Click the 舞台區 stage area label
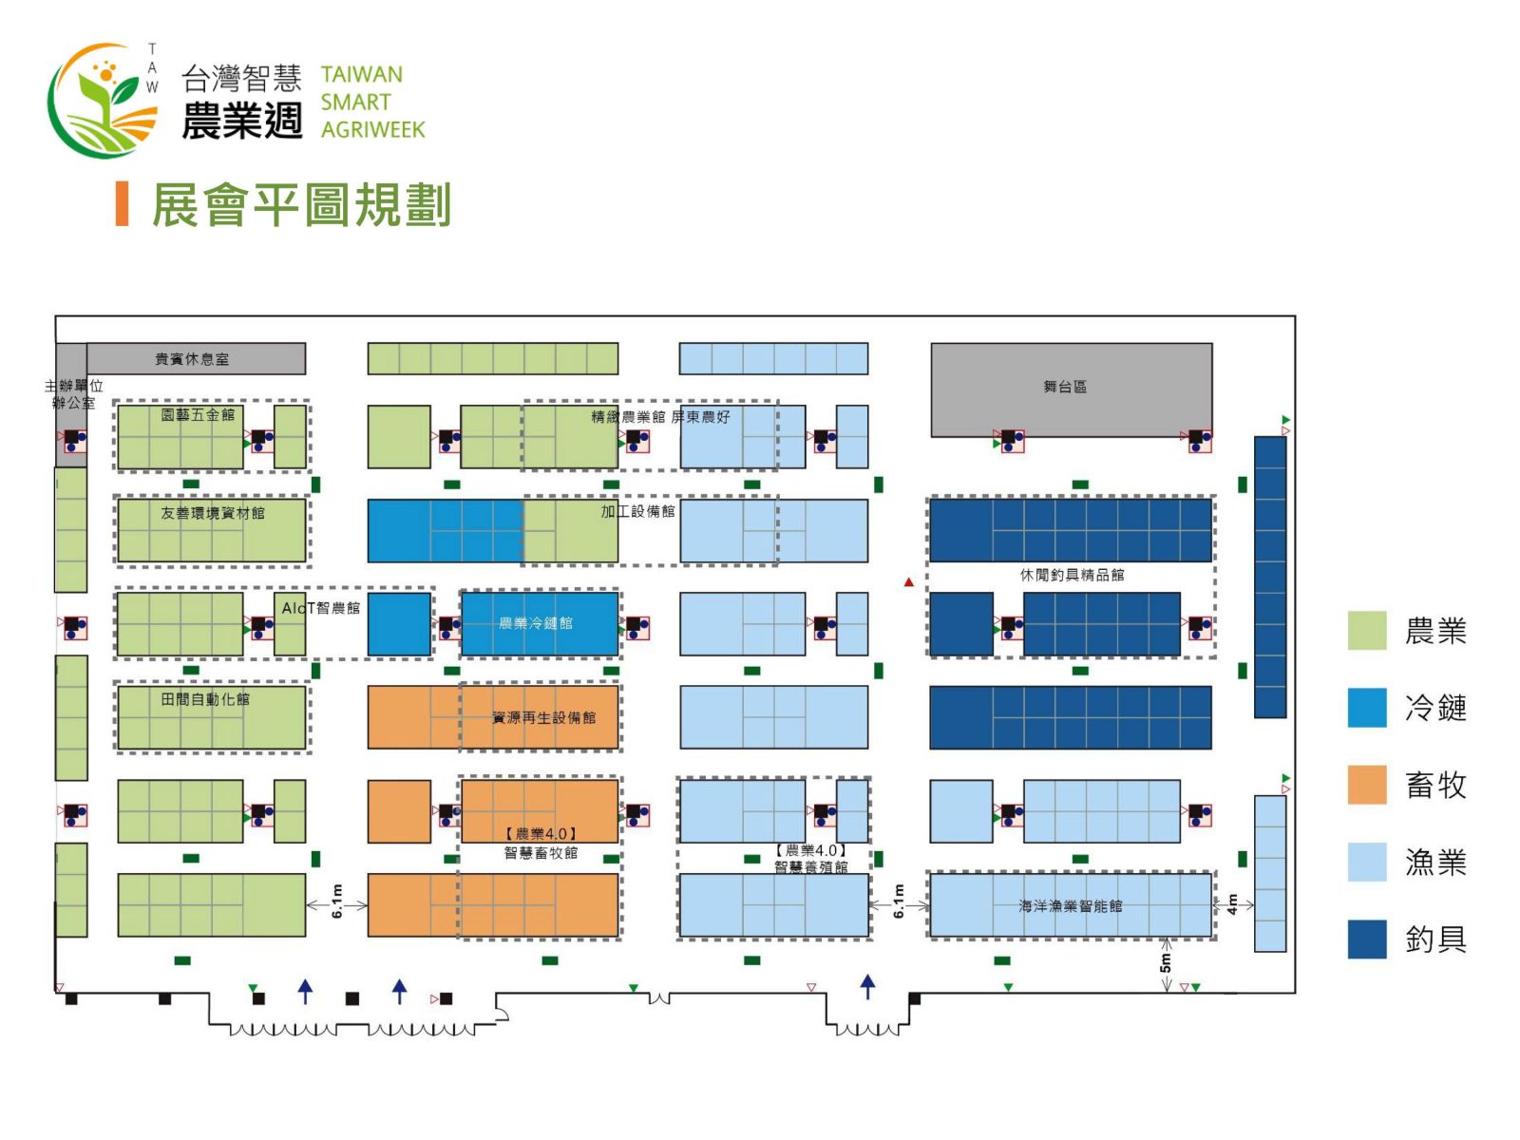tap(1064, 387)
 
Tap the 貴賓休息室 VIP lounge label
tap(192, 359)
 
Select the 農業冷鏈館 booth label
tap(536, 623)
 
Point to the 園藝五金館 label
tap(198, 415)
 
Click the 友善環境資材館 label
tap(213, 513)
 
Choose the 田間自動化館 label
tap(205, 699)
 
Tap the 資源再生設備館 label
tap(543, 717)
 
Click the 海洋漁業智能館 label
tap(1071, 906)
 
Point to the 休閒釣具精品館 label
tap(1072, 575)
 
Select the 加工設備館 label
tap(637, 511)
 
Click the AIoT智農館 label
tap(321, 608)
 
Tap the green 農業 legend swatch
tap(1367, 631)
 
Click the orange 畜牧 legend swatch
tap(1367, 785)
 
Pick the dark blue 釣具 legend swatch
tap(1367, 939)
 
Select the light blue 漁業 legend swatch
tap(1367, 862)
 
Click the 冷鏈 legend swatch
tap(1367, 708)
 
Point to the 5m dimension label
tap(1166, 963)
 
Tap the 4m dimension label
tap(1232, 903)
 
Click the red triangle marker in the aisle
tap(909, 581)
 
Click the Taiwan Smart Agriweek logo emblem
tap(103, 100)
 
